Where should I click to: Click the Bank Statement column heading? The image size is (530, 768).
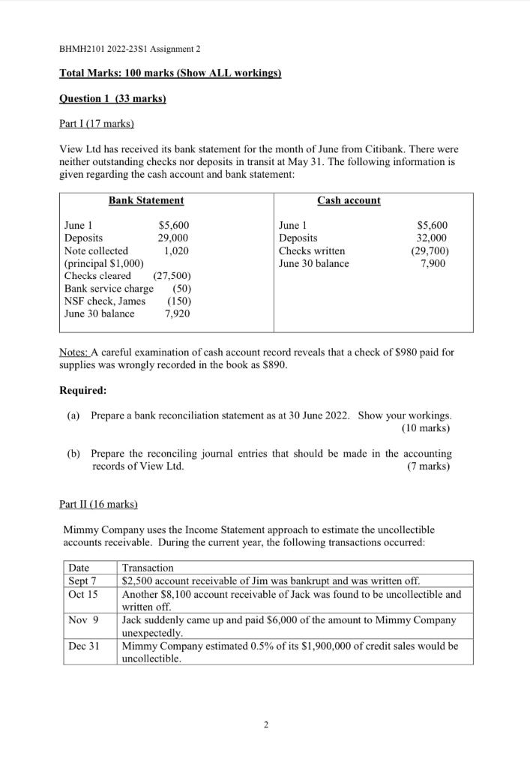[146, 200]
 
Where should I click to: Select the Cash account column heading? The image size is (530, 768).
[349, 200]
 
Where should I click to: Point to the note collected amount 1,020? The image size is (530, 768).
[176, 250]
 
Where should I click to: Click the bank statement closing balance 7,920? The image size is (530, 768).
[177, 314]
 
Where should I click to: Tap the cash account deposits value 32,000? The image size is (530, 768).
[435, 238]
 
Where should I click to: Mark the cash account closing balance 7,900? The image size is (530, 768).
[436, 263]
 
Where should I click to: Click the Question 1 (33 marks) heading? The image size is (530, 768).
[112, 99]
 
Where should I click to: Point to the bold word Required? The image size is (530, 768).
[82, 391]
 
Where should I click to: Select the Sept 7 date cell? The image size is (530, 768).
[82, 580]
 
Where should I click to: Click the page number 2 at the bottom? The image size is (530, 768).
[265, 725]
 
